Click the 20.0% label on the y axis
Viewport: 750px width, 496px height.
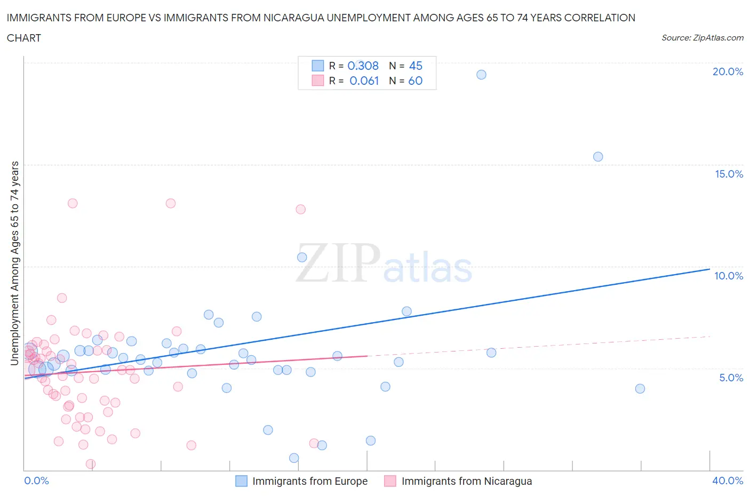click(728, 71)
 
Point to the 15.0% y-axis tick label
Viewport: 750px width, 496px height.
click(729, 174)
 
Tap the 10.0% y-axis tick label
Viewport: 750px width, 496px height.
click(729, 276)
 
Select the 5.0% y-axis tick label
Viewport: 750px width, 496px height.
click(731, 378)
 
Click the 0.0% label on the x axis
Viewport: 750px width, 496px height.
click(36, 481)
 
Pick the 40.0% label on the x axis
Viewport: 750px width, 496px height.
click(728, 481)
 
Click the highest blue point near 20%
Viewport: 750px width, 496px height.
click(481, 75)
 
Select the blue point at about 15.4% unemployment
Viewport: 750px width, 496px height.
click(598, 157)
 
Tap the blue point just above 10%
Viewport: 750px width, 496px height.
click(302, 257)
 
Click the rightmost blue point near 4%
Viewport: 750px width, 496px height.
click(640, 389)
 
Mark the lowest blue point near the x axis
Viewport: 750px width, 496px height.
click(294, 458)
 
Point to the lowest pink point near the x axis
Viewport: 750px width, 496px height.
click(91, 464)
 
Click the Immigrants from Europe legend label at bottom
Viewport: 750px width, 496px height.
click(310, 481)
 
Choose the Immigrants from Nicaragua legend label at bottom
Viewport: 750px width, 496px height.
click(467, 481)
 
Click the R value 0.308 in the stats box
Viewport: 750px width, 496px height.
click(363, 66)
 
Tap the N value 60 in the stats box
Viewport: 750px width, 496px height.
click(415, 81)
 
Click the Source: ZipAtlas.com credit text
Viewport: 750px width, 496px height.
click(702, 38)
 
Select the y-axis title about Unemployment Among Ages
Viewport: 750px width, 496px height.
click(14, 263)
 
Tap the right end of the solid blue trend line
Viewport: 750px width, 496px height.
click(709, 269)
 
